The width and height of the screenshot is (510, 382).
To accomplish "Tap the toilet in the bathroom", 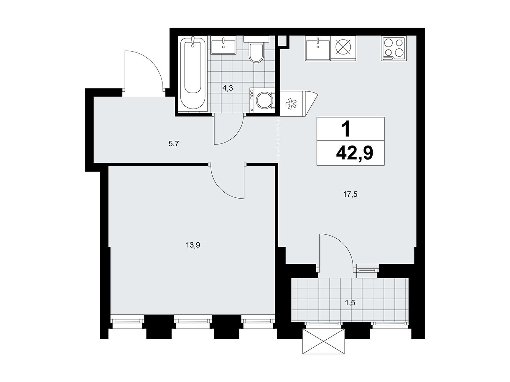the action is pyautogui.click(x=256, y=49).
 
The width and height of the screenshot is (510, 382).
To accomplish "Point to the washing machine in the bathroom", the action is pyautogui.click(x=262, y=100).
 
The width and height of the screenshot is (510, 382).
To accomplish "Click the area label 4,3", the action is pyautogui.click(x=228, y=88).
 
